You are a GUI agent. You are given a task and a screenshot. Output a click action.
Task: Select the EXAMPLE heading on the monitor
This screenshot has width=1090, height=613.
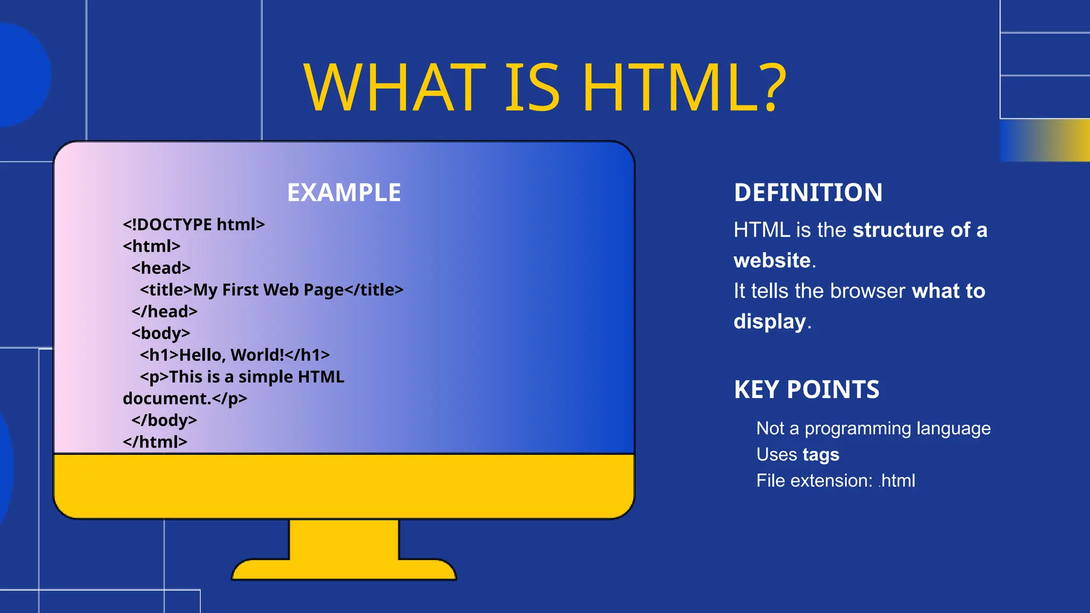(344, 193)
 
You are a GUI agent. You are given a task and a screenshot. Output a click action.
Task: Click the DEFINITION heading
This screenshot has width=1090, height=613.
(808, 193)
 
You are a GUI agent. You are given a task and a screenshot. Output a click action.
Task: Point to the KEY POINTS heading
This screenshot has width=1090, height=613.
(806, 390)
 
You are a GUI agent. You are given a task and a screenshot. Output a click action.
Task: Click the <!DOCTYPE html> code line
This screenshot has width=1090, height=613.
(194, 225)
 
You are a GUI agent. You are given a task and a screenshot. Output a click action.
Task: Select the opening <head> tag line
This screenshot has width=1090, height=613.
(161, 268)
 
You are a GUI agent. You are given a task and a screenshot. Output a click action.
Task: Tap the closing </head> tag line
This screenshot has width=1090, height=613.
(164, 311)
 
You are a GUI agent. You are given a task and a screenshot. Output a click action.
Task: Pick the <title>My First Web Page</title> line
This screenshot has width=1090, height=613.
(271, 290)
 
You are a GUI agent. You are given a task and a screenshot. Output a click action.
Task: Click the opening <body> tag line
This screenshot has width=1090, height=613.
(161, 333)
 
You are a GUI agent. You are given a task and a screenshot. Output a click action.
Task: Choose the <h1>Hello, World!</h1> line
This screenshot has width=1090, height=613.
(235, 355)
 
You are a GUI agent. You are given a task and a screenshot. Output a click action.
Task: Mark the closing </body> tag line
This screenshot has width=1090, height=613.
(164, 420)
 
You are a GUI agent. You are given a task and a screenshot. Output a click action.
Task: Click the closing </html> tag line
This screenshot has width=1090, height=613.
(155, 442)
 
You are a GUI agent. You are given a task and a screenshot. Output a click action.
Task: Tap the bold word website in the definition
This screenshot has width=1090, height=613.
(772, 261)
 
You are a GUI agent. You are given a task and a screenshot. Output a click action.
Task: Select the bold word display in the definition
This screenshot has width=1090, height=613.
(770, 322)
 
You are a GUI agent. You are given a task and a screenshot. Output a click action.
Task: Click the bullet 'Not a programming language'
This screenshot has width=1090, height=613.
(873, 428)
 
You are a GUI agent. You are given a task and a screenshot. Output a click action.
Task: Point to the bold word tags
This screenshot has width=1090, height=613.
(821, 455)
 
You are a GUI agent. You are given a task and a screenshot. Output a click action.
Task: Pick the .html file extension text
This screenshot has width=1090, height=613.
(897, 481)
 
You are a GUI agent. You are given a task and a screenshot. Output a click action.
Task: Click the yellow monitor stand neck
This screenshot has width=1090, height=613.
(344, 539)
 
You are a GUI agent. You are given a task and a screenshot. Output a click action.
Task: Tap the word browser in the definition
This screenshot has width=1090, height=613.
(867, 292)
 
